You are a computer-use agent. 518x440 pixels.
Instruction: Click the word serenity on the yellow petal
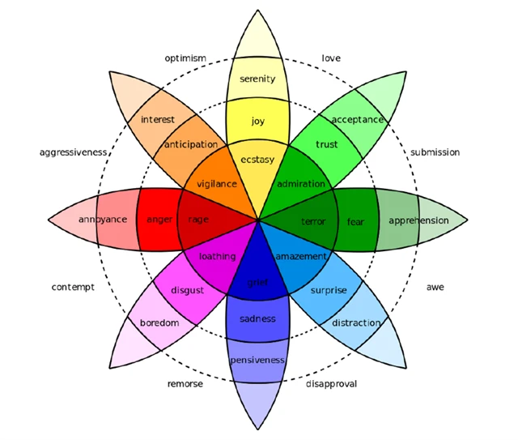pyautogui.click(x=257, y=79)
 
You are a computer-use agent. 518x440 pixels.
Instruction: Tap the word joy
pyautogui.click(x=257, y=122)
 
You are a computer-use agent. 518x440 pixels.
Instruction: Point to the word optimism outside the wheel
pyautogui.click(x=185, y=58)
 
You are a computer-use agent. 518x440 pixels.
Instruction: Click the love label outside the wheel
pyautogui.click(x=331, y=58)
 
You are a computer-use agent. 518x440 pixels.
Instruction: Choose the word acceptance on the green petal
pyautogui.click(x=357, y=120)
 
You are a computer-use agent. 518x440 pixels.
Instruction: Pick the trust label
pyautogui.click(x=327, y=145)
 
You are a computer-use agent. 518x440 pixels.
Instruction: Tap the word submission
pyautogui.click(x=435, y=152)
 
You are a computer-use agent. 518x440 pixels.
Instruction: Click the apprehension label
pyautogui.click(x=418, y=220)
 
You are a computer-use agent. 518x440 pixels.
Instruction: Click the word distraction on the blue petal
pyautogui.click(x=355, y=323)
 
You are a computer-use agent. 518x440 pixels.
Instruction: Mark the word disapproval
pyautogui.click(x=331, y=383)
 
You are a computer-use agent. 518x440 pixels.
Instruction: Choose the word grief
pyautogui.click(x=257, y=283)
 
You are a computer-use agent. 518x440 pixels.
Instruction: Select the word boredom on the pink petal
pyautogui.click(x=159, y=323)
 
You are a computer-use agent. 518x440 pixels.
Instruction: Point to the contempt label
pyautogui.click(x=73, y=287)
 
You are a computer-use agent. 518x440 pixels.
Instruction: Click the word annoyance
pyautogui.click(x=102, y=220)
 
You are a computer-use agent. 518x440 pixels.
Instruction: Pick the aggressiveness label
pyautogui.click(x=73, y=152)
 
